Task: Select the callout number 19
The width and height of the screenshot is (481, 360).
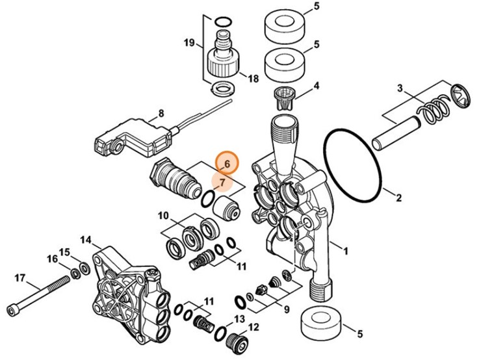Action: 189,44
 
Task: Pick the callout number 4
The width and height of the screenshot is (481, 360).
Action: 317,86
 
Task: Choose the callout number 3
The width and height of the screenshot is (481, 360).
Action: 400,88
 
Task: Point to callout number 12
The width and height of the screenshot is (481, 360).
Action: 253,327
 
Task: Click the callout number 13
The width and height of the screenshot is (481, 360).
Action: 238,318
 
